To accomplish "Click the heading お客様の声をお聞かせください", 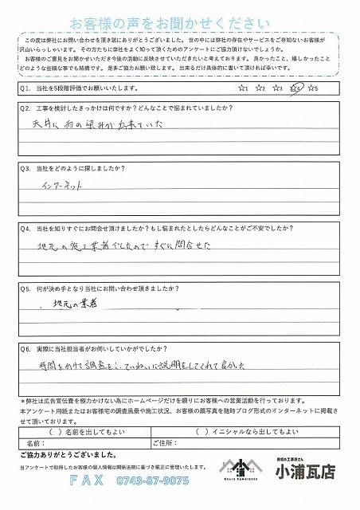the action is click(x=179, y=21).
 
